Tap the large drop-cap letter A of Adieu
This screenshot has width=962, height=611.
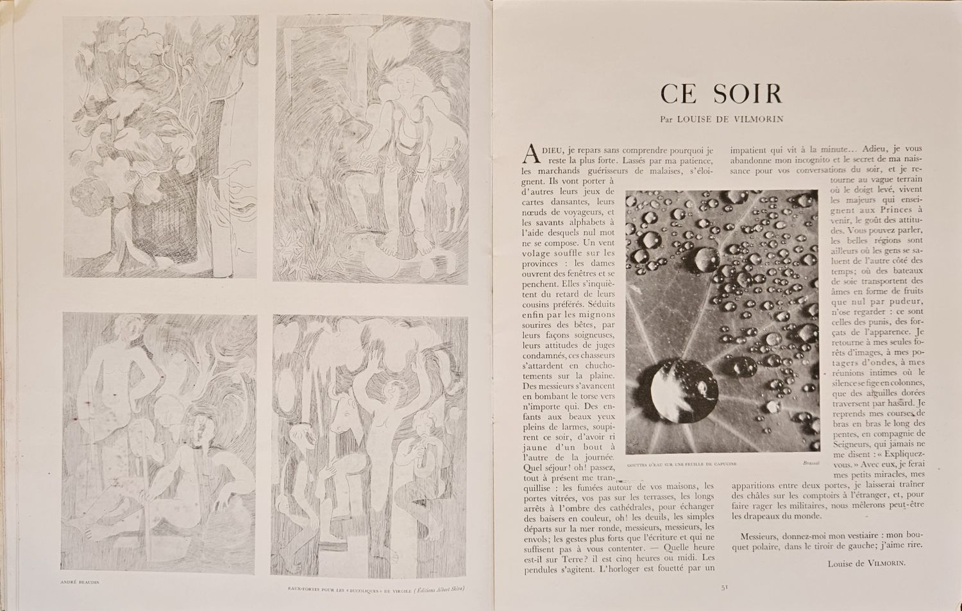click(x=530, y=153)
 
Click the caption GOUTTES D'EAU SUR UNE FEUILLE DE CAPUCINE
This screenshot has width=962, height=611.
click(x=681, y=463)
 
